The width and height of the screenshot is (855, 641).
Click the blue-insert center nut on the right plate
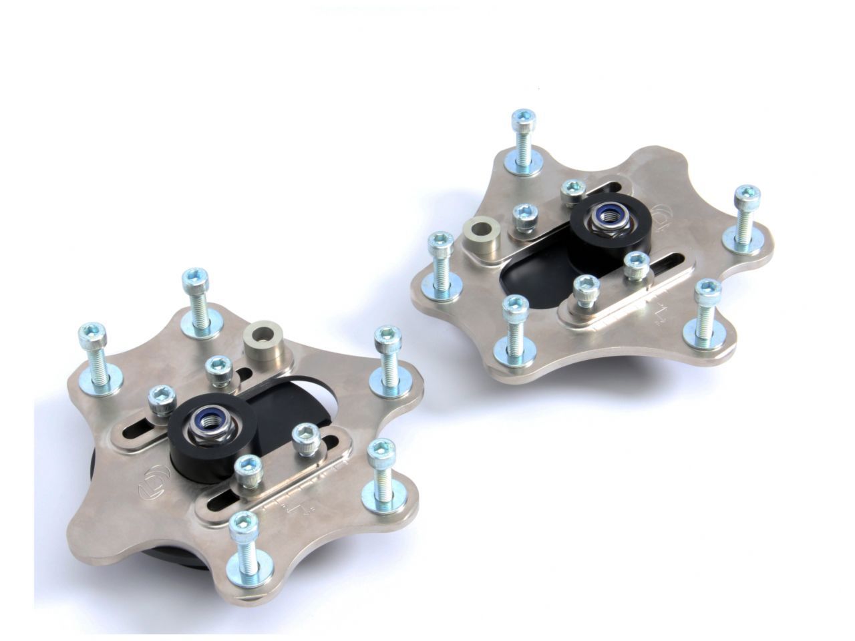click(x=607, y=215)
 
